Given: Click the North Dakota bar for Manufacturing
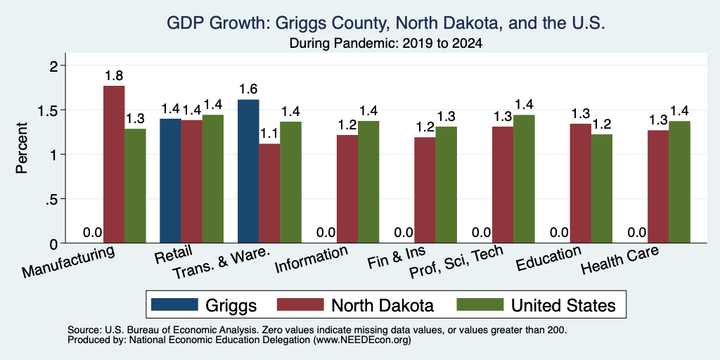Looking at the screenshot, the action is tap(114, 165).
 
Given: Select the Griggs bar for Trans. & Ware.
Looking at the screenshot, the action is tap(248, 172).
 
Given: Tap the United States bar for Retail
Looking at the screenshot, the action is tap(213, 179).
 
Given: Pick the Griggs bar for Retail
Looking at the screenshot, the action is tap(170, 181).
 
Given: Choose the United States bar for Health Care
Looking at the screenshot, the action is tap(680, 182).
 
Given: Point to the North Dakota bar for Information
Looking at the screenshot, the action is tap(347, 189).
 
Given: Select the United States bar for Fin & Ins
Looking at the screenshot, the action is tap(446, 185).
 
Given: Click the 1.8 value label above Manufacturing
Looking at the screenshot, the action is tap(114, 76).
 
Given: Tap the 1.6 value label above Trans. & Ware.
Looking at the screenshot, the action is tap(248, 89).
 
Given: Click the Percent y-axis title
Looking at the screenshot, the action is tap(22, 148).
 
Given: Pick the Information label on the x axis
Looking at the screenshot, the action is tap(311, 259).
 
